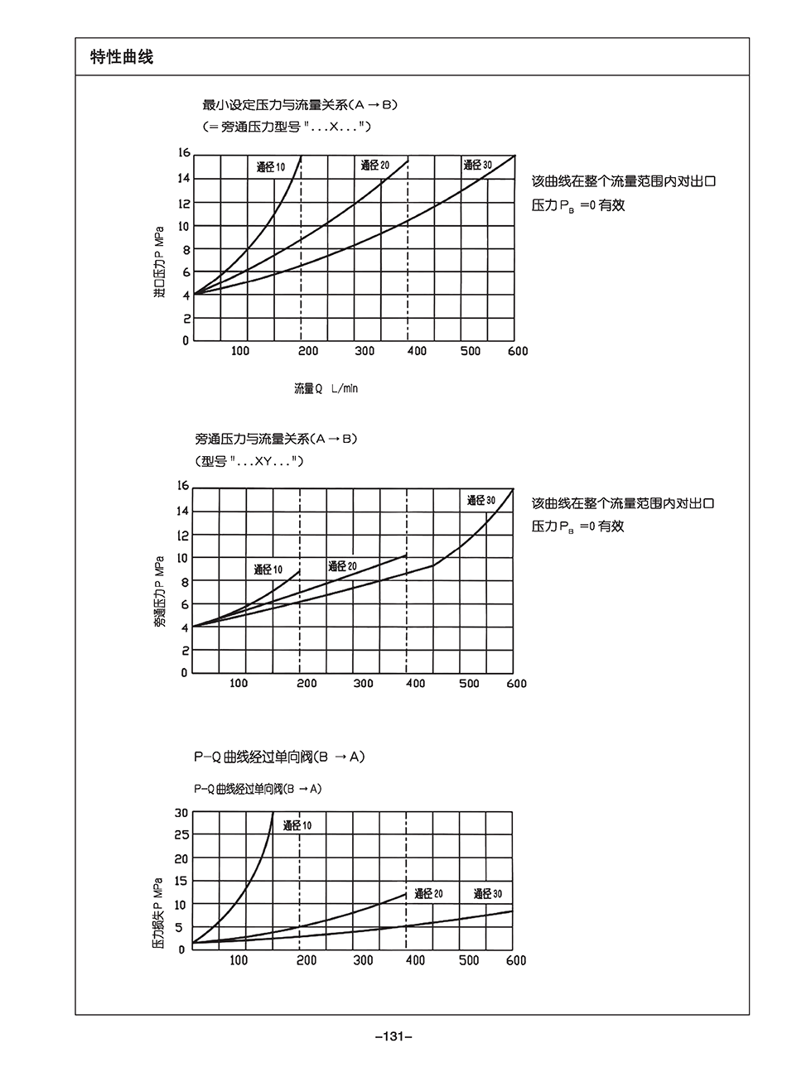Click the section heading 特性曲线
click(x=122, y=57)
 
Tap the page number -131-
click(x=393, y=1036)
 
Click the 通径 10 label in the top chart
click(x=270, y=168)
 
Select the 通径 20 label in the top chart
click(x=374, y=166)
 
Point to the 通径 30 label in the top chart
click(x=477, y=166)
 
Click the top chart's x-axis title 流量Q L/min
click(x=326, y=388)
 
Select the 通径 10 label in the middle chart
click(x=268, y=570)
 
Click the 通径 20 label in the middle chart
click(x=342, y=566)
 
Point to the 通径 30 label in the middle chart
click(x=480, y=501)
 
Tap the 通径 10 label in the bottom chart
click(x=297, y=825)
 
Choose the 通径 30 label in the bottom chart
click(x=487, y=894)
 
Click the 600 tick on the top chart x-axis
click(x=517, y=351)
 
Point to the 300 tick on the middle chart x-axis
click(x=363, y=684)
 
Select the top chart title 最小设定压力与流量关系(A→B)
click(x=301, y=105)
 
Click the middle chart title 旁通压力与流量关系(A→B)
click(x=276, y=439)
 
